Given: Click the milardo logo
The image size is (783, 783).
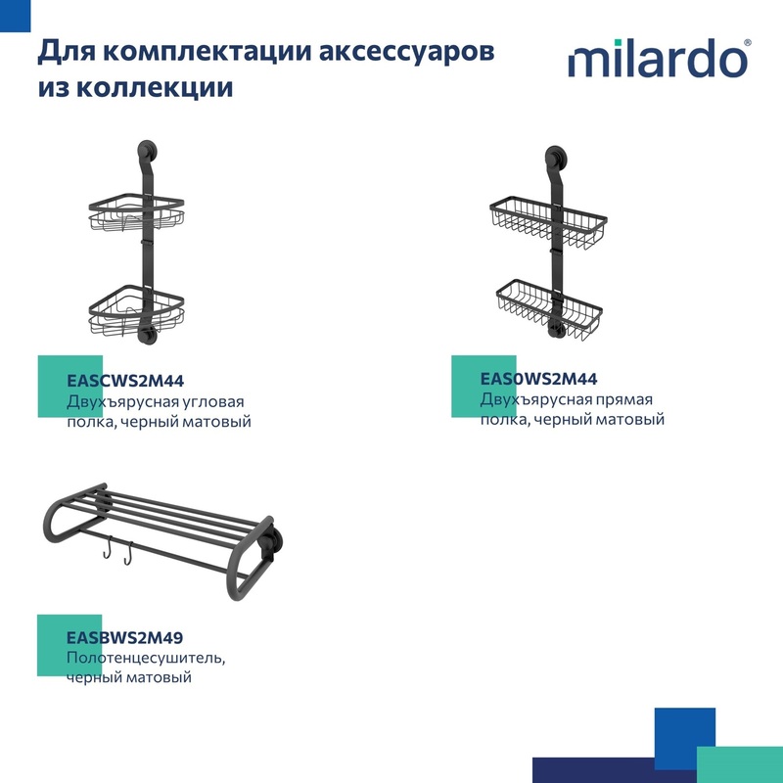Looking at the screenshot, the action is [659, 59].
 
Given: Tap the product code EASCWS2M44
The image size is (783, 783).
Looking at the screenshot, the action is [125, 381].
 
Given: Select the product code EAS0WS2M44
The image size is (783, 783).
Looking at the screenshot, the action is [538, 379].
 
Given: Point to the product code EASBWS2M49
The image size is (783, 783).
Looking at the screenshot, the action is [125, 638].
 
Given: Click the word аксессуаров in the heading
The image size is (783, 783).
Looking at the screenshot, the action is [406, 52].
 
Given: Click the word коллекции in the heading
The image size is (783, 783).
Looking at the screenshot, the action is [156, 87].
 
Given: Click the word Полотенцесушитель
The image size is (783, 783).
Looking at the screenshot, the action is [146, 658].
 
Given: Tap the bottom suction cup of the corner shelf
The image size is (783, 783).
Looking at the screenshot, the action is [147, 334].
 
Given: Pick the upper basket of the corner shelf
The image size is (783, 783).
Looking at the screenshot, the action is [136, 212].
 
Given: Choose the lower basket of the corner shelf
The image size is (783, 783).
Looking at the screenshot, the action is [136, 309].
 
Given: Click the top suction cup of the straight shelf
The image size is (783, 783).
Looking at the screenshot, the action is [555, 156].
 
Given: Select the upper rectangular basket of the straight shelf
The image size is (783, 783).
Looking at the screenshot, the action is [548, 223].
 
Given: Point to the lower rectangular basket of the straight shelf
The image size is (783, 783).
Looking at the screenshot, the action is [549, 309].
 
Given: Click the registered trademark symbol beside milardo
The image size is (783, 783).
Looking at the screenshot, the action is [748, 43].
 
